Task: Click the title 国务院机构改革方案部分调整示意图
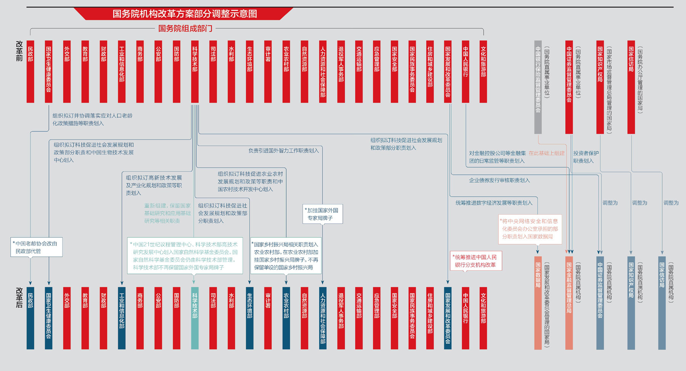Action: coord(185,14)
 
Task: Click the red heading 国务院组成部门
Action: coord(185,29)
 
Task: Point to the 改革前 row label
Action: coord(19,51)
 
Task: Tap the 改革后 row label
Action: coord(19,297)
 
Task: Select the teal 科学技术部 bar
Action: coord(195,318)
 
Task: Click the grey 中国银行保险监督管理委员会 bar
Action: coord(538,87)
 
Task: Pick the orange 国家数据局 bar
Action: coord(538,303)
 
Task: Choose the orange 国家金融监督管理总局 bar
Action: coord(569,303)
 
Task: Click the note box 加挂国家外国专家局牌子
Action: coord(323,214)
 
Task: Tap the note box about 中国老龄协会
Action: coord(36,247)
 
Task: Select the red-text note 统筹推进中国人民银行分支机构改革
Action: coord(476,261)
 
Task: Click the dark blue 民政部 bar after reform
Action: coord(30,318)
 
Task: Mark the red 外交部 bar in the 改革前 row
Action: coord(67,71)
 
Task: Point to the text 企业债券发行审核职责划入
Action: coord(499,180)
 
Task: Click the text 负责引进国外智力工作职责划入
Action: coord(284,151)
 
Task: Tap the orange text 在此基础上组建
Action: coord(546,153)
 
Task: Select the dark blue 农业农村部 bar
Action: coord(286,318)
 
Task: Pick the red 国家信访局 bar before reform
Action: coord(631,87)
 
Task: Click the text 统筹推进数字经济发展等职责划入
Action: coord(494,203)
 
